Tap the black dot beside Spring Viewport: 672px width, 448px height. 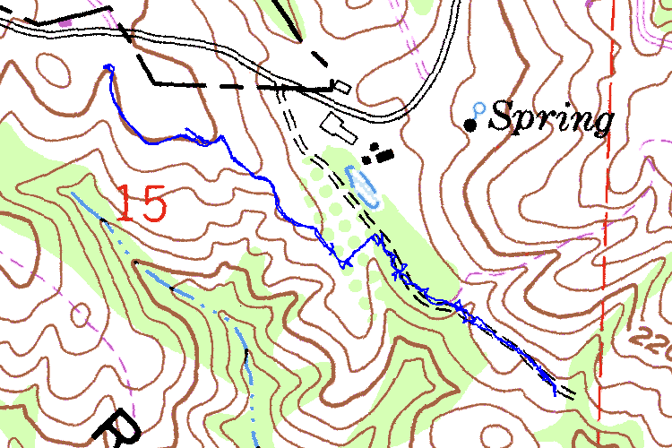click(x=470, y=125)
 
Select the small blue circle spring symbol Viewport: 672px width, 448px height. click(x=478, y=108)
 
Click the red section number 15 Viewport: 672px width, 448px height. click(x=141, y=203)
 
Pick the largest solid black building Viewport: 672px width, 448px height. click(x=385, y=155)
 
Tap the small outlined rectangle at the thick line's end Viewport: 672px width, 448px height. click(x=340, y=86)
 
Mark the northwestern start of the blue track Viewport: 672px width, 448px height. click(x=108, y=66)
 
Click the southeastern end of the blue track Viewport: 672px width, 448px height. click(x=556, y=393)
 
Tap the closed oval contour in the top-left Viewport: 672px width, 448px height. click(x=53, y=67)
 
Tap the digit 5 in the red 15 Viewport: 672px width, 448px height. click(x=153, y=203)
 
